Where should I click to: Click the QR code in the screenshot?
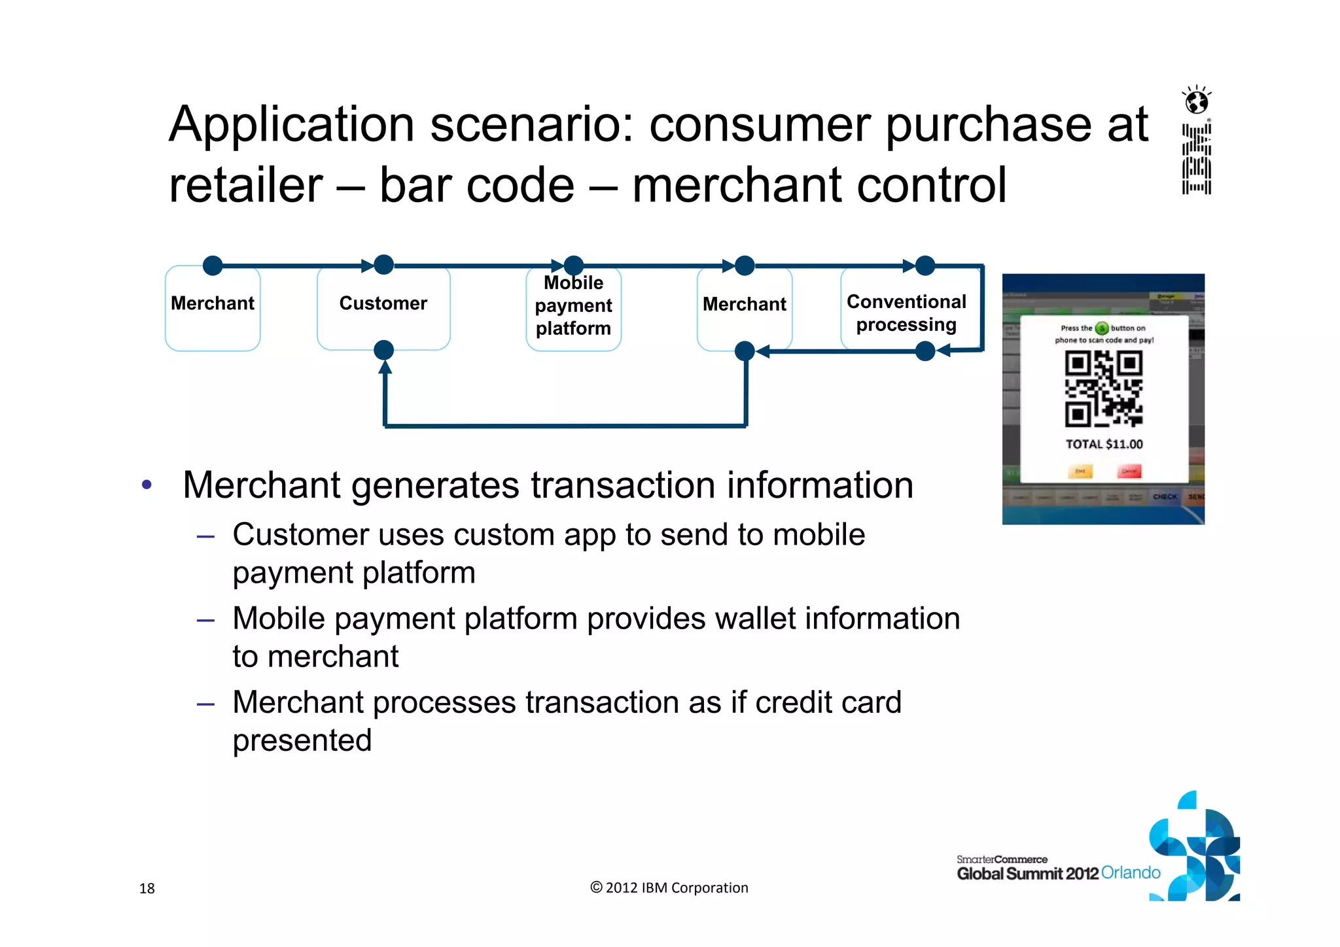pos(1104,388)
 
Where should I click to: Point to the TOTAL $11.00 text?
pos(1104,444)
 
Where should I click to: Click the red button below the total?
pos(1129,471)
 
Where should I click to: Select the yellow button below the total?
pos(1080,471)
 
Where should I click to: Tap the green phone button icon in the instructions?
pos(1102,328)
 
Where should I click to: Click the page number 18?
pos(147,888)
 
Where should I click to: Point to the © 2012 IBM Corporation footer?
pos(669,887)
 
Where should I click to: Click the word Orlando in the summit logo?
pos(1131,872)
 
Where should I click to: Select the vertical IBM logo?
pos(1197,159)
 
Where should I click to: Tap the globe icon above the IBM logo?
pos(1197,101)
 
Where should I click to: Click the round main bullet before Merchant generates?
pos(147,485)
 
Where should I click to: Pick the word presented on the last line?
pos(302,740)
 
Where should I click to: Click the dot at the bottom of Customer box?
pos(384,351)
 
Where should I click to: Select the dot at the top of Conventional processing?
pos(925,266)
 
